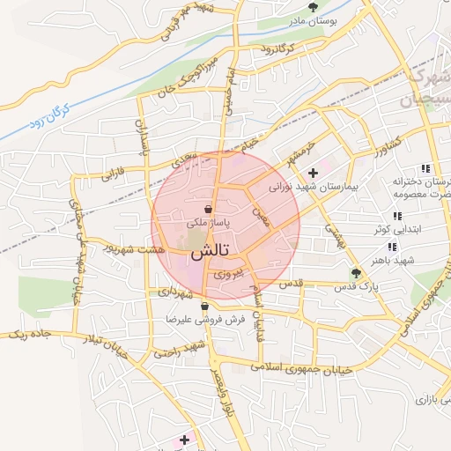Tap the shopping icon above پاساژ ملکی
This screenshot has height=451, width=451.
coord(207,210)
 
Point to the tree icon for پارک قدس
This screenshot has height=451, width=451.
coord(356,273)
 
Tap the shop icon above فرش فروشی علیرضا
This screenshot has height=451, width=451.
coord(204,307)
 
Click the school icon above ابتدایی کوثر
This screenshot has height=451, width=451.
coord(396,216)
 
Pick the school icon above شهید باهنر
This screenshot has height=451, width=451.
coord(391,248)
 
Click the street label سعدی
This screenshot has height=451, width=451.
coord(182,158)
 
